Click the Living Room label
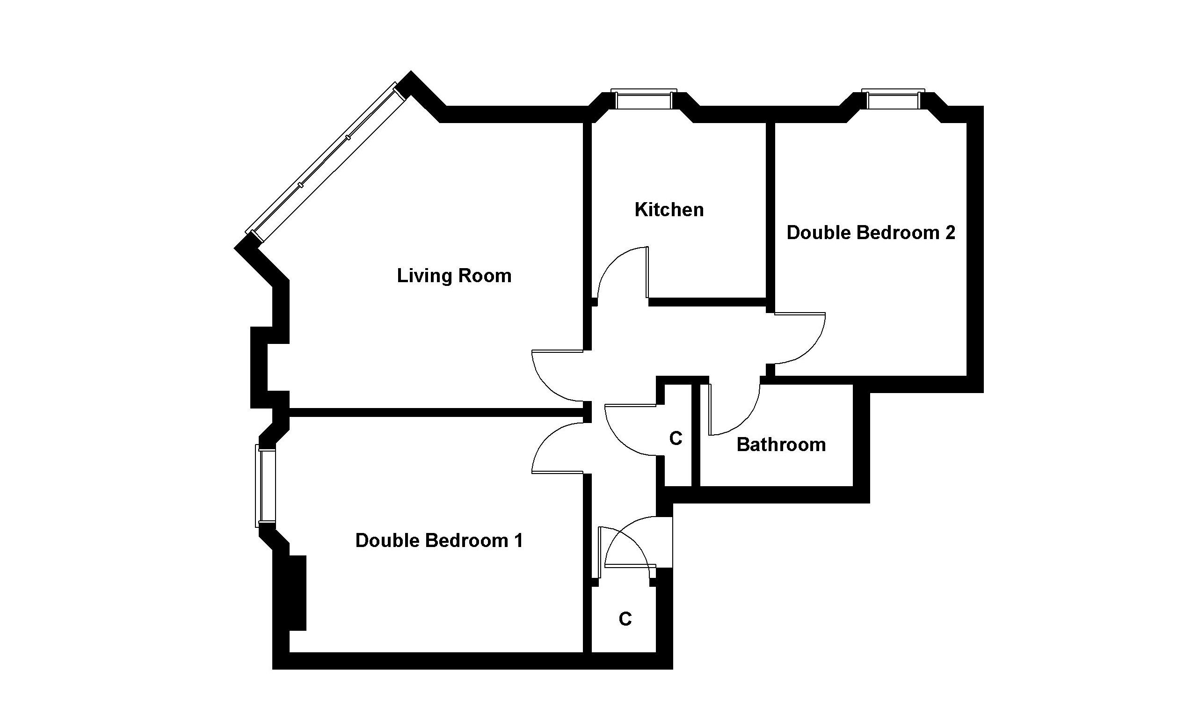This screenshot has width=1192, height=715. (x=454, y=276)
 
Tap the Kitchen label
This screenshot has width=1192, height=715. (x=669, y=210)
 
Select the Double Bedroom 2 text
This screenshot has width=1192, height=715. (x=871, y=233)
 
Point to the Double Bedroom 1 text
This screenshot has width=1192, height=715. (x=439, y=540)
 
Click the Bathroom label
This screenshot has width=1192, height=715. (x=781, y=445)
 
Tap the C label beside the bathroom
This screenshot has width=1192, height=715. (x=676, y=438)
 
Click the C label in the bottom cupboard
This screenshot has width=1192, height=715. (x=625, y=619)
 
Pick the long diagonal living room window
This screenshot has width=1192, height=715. (x=327, y=161)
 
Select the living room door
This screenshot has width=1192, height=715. (x=558, y=376)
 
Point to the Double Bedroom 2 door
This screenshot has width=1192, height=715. (x=800, y=338)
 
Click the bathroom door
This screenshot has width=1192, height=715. (x=734, y=409)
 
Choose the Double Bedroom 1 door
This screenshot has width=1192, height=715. (x=558, y=448)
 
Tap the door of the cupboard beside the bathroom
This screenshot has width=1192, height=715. (x=631, y=430)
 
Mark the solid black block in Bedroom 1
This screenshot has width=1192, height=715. (x=298, y=592)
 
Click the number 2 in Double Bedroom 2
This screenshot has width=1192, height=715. (x=950, y=233)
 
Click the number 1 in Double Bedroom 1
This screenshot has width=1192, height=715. (x=518, y=540)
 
